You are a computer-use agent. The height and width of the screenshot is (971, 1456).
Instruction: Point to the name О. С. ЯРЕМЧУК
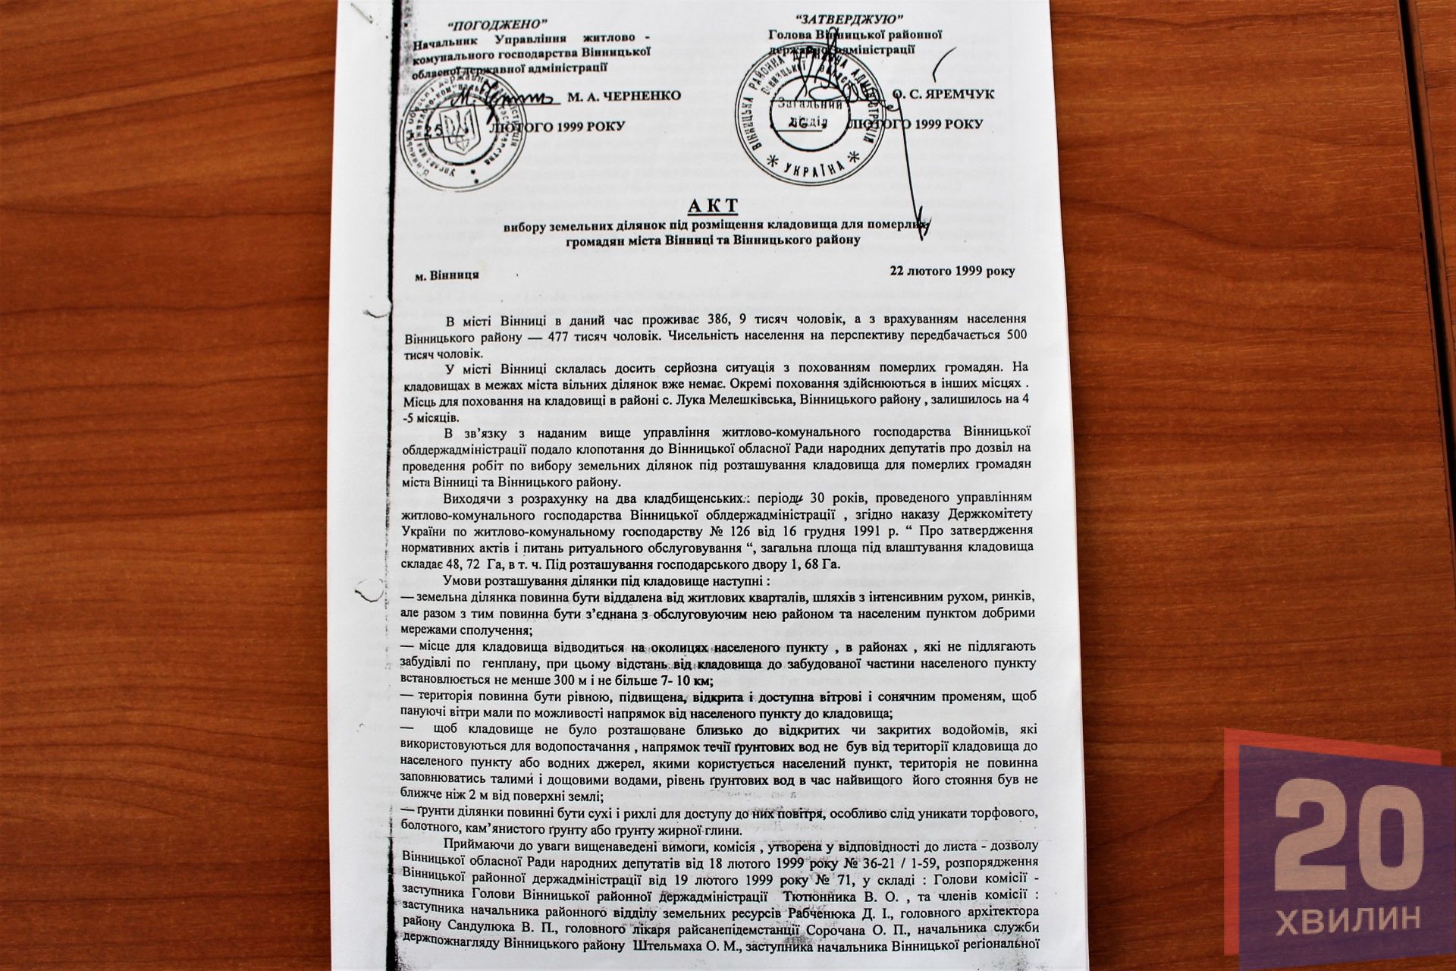click(x=952, y=95)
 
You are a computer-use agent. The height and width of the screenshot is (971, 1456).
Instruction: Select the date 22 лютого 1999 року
click(x=952, y=271)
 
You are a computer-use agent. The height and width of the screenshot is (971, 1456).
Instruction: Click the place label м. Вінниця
click(x=447, y=275)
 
